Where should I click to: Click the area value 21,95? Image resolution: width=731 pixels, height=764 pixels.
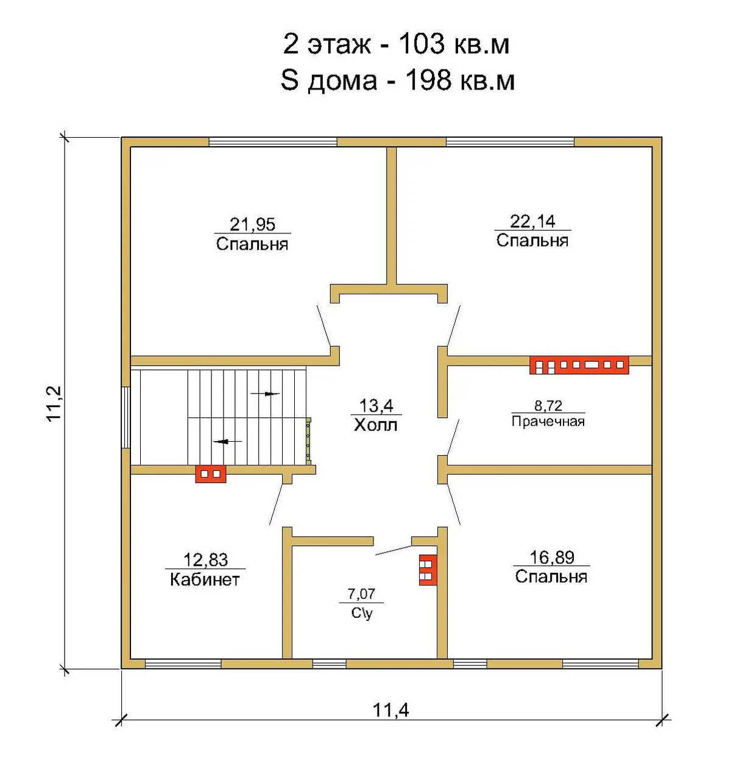252,224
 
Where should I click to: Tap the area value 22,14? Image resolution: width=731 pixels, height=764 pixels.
532,221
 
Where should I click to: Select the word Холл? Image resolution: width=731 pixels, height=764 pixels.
375,425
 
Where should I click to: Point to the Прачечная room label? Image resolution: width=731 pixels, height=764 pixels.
548,421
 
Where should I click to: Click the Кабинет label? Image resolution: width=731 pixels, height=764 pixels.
205,579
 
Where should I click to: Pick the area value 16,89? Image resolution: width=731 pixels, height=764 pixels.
551,557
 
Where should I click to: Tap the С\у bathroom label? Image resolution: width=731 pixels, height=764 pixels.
362,613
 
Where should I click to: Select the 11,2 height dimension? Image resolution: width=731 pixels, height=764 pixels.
55,403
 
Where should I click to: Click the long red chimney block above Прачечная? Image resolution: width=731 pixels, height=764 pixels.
579,365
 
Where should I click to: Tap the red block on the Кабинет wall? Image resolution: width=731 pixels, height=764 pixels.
211,474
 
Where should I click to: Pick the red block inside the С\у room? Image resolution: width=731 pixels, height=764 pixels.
428,570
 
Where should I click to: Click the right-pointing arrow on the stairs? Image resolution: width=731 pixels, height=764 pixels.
265,394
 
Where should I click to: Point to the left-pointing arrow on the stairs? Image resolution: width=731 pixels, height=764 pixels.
227,441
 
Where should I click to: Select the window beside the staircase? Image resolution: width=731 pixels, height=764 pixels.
125,417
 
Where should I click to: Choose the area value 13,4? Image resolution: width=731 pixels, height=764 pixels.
376,406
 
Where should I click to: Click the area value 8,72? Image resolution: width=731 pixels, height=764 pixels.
548,405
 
